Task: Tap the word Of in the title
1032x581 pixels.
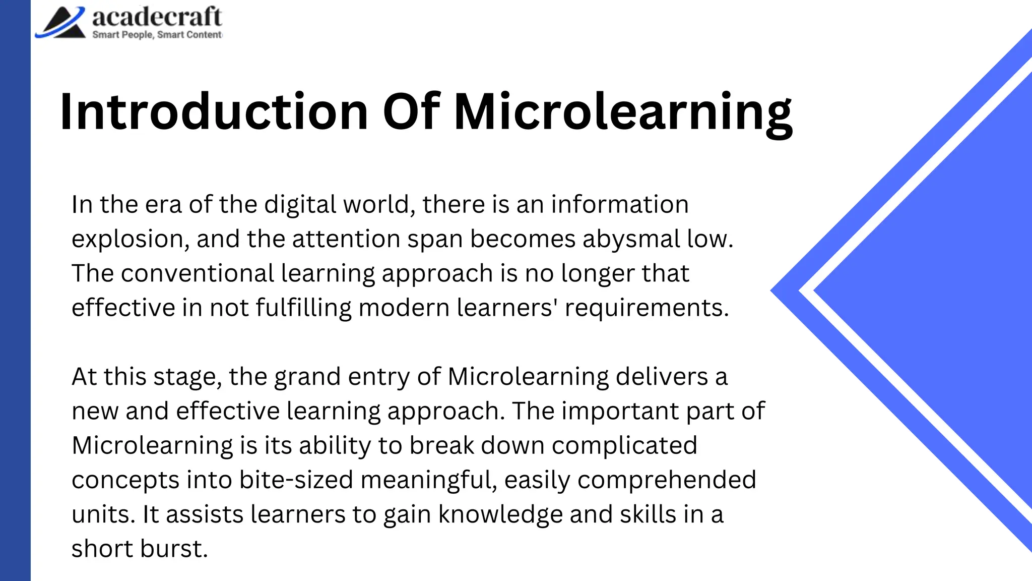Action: point(411,111)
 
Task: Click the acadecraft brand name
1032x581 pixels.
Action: point(157,17)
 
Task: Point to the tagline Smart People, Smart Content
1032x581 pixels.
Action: point(157,35)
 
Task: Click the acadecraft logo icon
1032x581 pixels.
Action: point(61,23)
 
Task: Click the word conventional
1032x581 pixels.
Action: point(197,273)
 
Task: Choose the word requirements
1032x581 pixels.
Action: point(647,308)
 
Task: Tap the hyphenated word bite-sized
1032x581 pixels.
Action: point(296,480)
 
